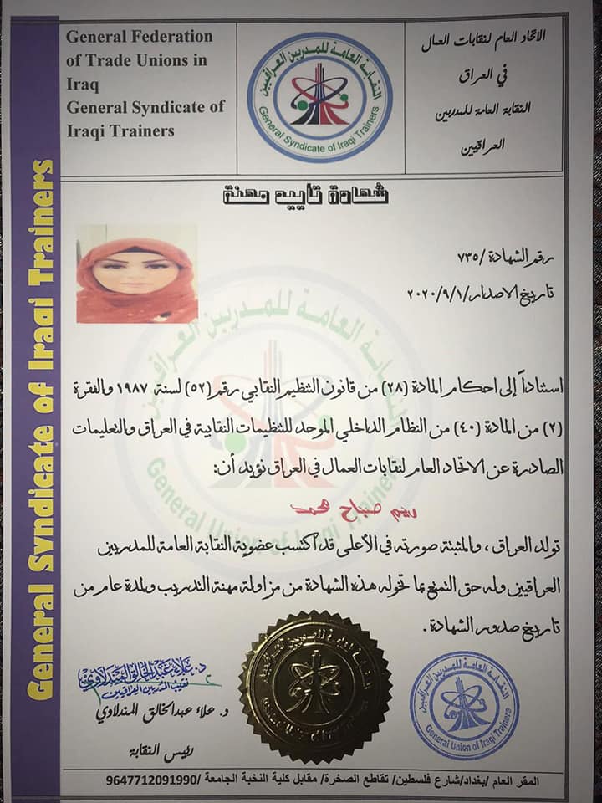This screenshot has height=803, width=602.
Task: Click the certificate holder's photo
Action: click(x=136, y=273)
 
